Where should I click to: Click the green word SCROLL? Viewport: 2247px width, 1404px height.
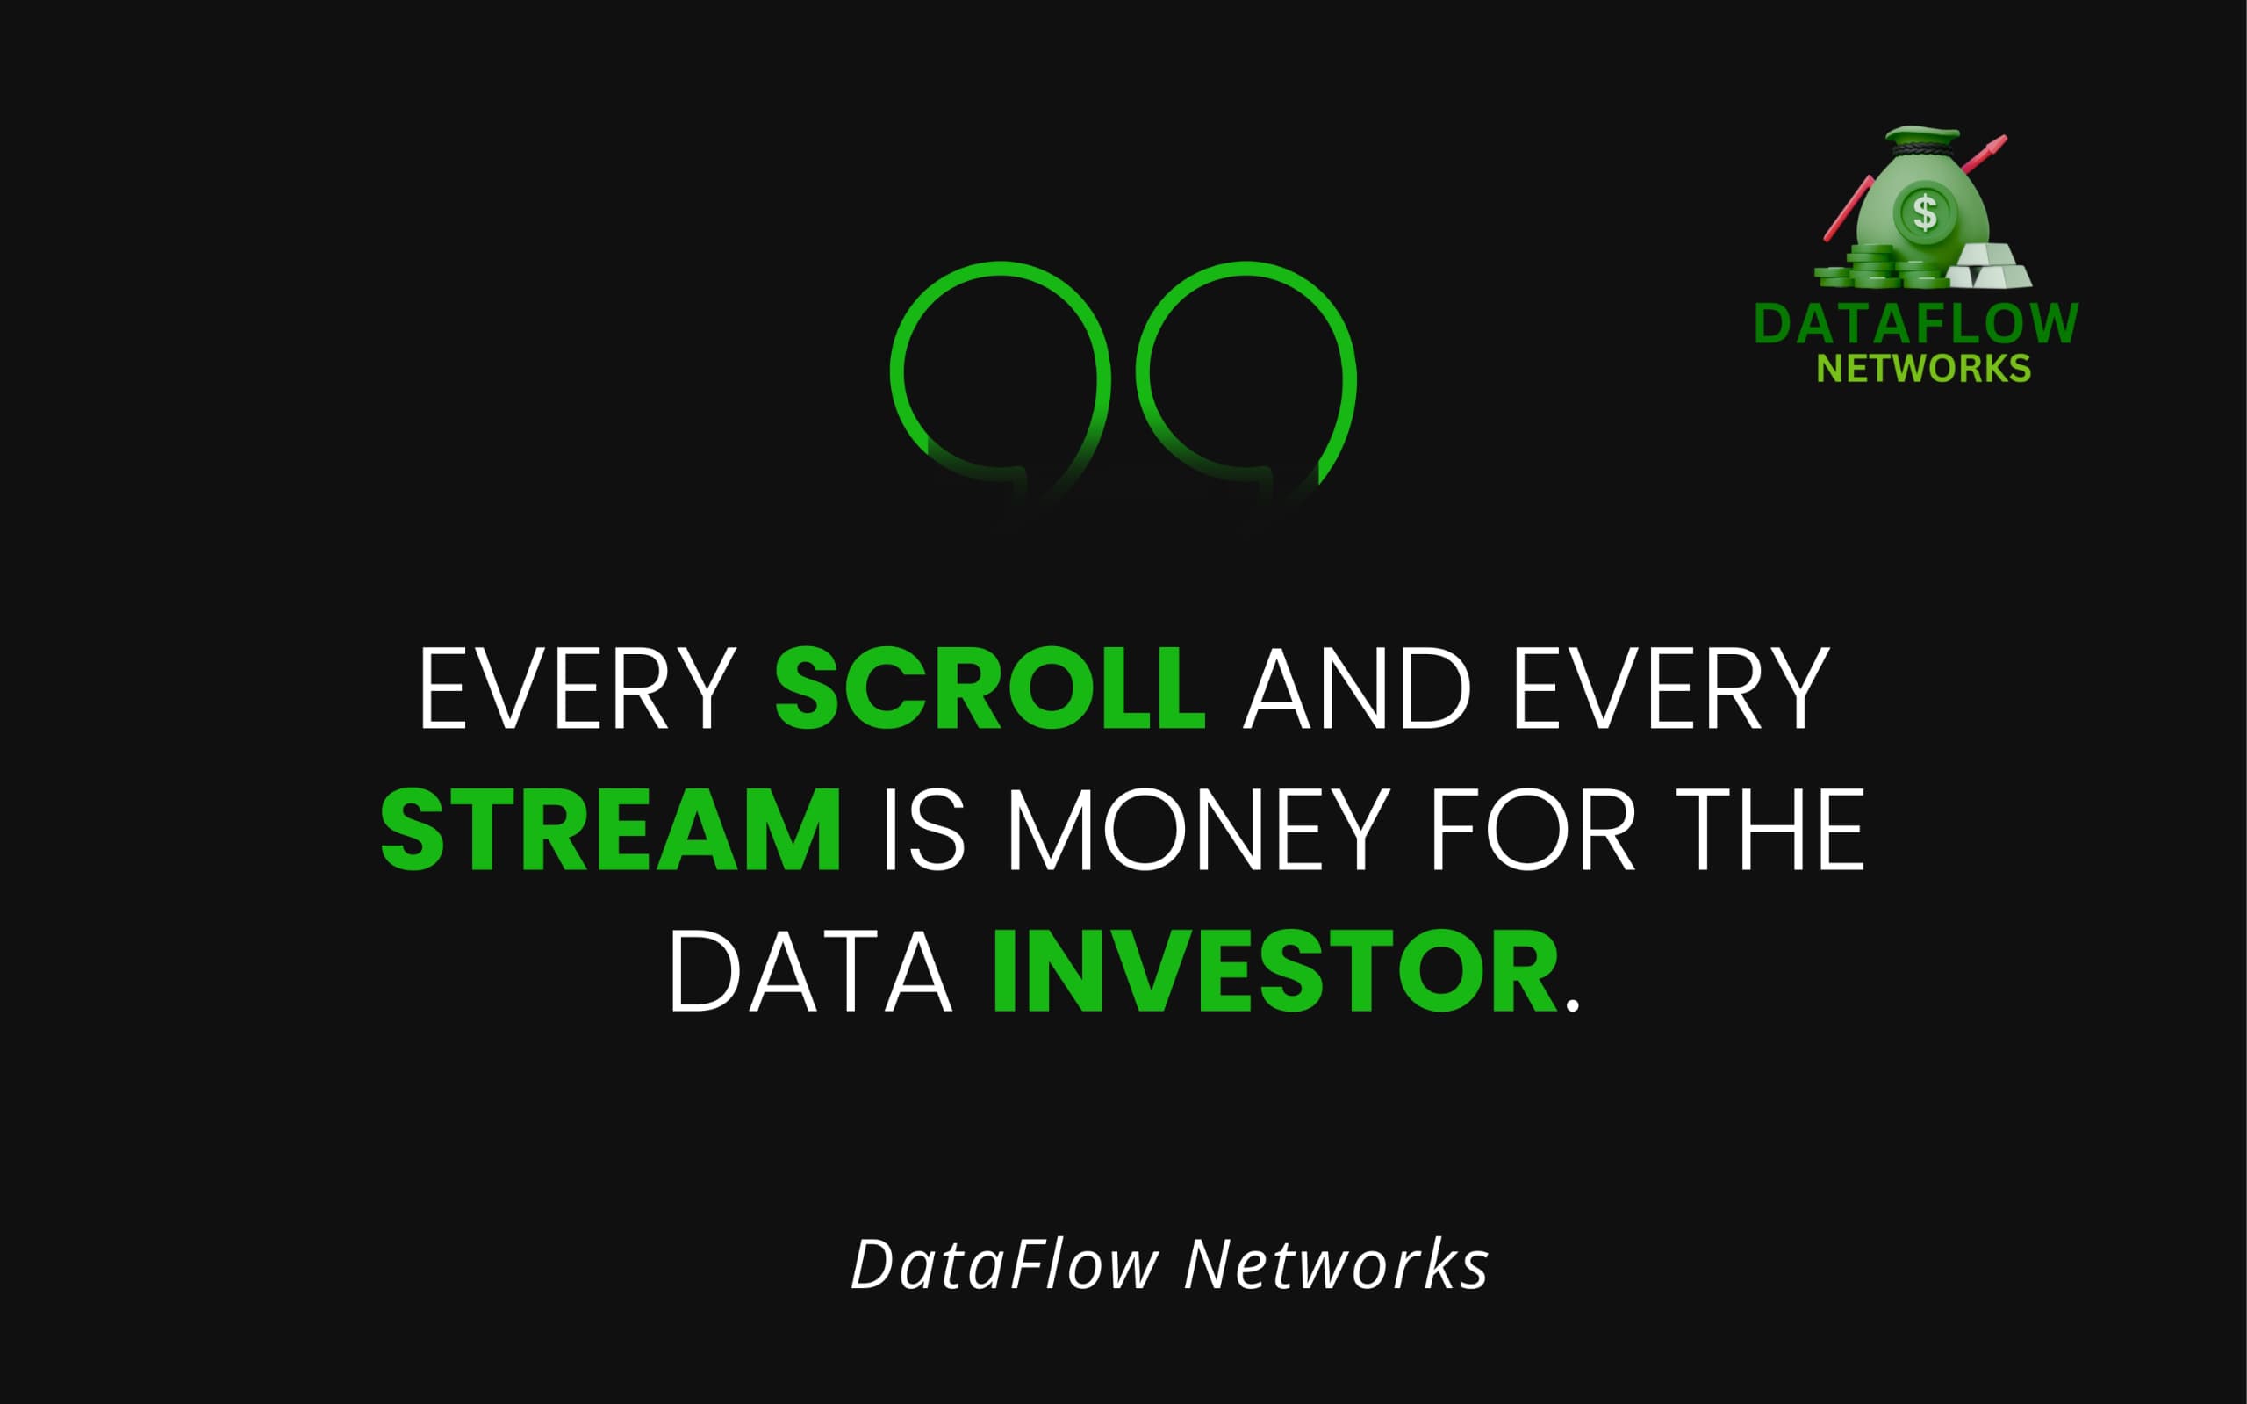point(990,688)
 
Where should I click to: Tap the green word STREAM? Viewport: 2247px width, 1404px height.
point(611,829)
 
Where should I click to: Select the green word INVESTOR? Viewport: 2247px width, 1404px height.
point(1275,971)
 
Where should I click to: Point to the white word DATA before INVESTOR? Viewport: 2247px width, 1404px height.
point(810,971)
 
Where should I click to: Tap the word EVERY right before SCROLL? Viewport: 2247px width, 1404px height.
point(578,688)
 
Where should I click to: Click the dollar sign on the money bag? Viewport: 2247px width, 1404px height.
point(1926,212)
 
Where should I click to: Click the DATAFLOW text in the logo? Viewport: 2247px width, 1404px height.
point(1916,324)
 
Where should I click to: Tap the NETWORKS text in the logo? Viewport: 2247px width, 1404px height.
point(1923,369)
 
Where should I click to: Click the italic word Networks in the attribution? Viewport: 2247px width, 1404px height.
point(1337,1264)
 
